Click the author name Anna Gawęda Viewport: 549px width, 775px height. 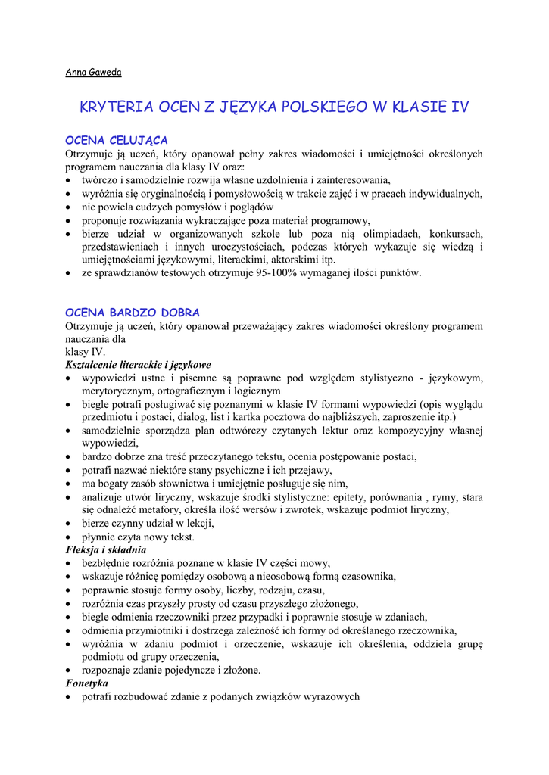click(92, 73)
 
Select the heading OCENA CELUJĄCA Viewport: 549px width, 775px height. click(117, 140)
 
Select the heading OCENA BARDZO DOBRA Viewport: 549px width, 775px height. click(133, 312)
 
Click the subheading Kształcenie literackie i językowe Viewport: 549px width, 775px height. click(138, 364)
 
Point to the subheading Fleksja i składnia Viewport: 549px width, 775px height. click(106, 549)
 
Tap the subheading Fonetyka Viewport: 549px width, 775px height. click(87, 683)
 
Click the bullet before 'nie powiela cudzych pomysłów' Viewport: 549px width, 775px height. click(70, 207)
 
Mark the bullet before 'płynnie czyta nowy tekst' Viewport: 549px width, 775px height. click(70, 537)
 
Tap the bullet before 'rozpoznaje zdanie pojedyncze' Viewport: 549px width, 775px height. click(70, 671)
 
